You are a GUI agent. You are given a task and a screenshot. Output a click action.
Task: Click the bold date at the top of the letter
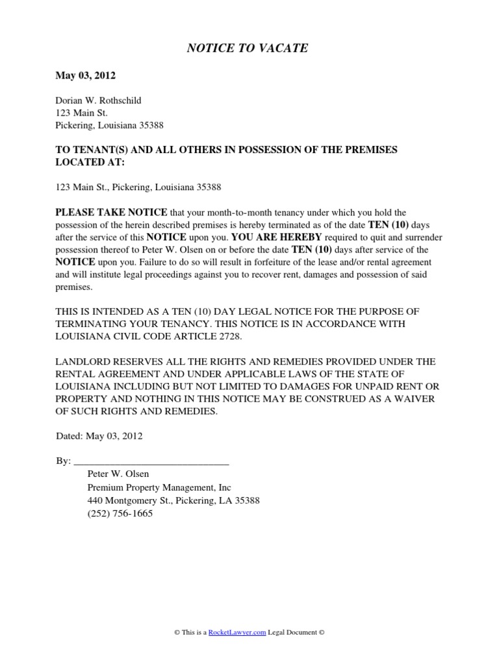(86, 76)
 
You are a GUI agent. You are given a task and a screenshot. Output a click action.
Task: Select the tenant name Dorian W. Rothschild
(98, 101)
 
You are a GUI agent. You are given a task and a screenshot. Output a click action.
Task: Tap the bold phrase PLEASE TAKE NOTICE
(111, 212)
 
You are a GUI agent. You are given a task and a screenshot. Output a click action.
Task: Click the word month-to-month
(229, 213)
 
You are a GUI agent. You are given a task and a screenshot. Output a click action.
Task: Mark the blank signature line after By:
(151, 462)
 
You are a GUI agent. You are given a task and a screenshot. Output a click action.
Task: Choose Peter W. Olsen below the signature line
(118, 474)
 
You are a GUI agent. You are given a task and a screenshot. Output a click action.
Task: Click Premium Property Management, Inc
(159, 487)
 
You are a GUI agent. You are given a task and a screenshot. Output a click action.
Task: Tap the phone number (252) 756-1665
(120, 513)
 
